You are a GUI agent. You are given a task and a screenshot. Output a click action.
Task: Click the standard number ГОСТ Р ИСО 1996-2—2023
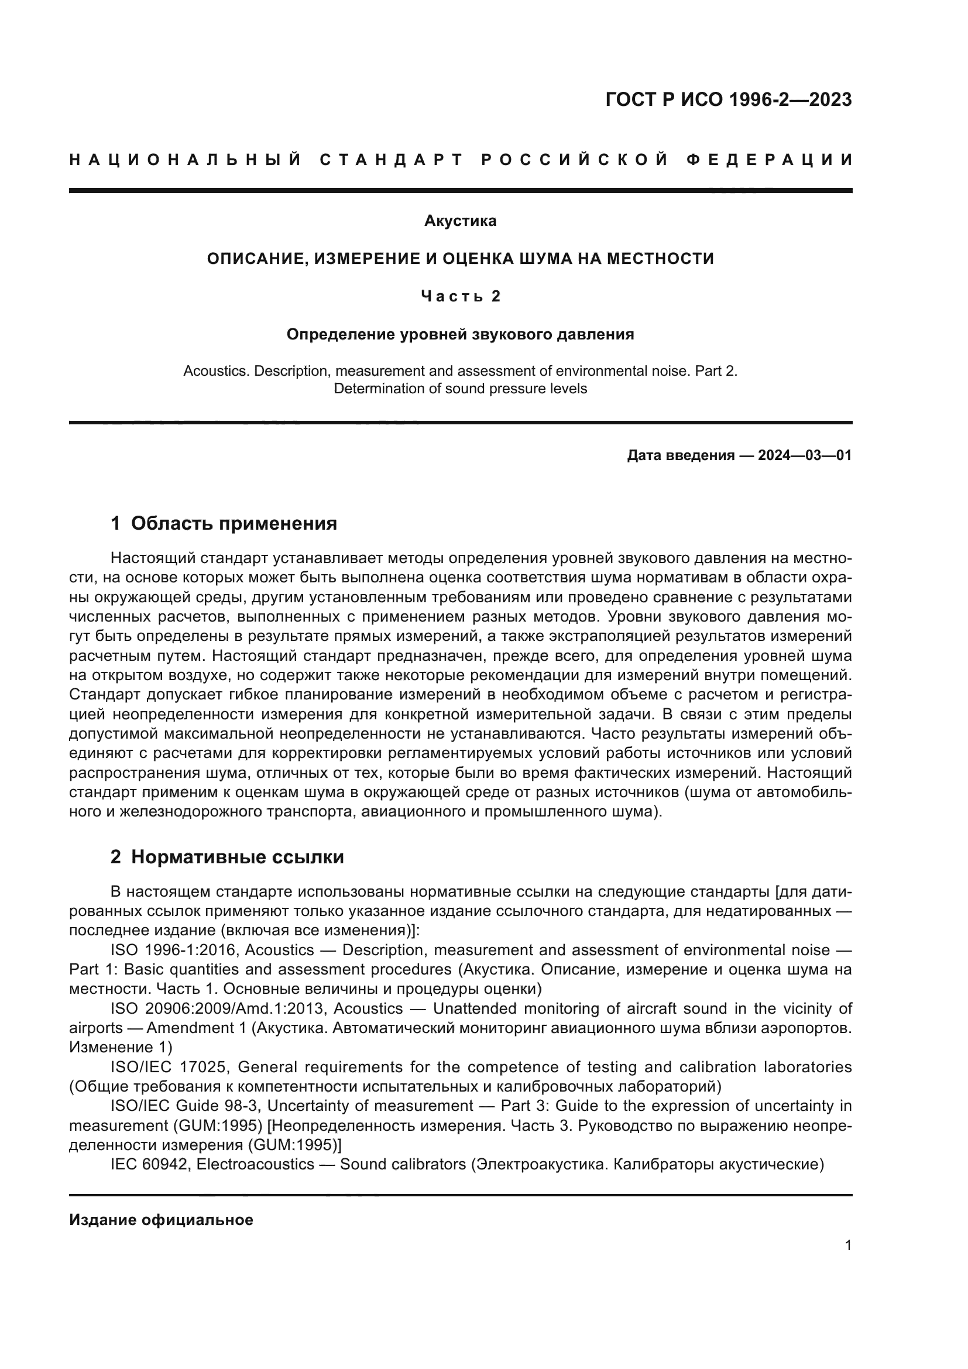729,99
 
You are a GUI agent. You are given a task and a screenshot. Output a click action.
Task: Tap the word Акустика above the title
460,221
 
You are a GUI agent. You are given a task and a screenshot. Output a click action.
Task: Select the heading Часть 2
460,296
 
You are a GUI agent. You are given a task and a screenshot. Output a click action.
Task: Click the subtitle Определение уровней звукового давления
460,335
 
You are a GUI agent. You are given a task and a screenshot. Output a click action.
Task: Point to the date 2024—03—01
805,455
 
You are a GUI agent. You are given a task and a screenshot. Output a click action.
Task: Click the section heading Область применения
234,523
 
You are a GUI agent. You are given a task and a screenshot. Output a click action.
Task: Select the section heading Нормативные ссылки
237,857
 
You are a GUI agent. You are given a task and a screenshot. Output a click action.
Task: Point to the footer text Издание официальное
161,1220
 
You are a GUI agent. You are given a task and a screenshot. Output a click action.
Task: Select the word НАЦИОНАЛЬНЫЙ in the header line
186,160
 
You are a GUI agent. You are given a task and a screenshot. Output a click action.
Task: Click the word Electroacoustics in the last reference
255,1164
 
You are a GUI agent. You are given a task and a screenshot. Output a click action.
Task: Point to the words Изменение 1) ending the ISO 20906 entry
121,1047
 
